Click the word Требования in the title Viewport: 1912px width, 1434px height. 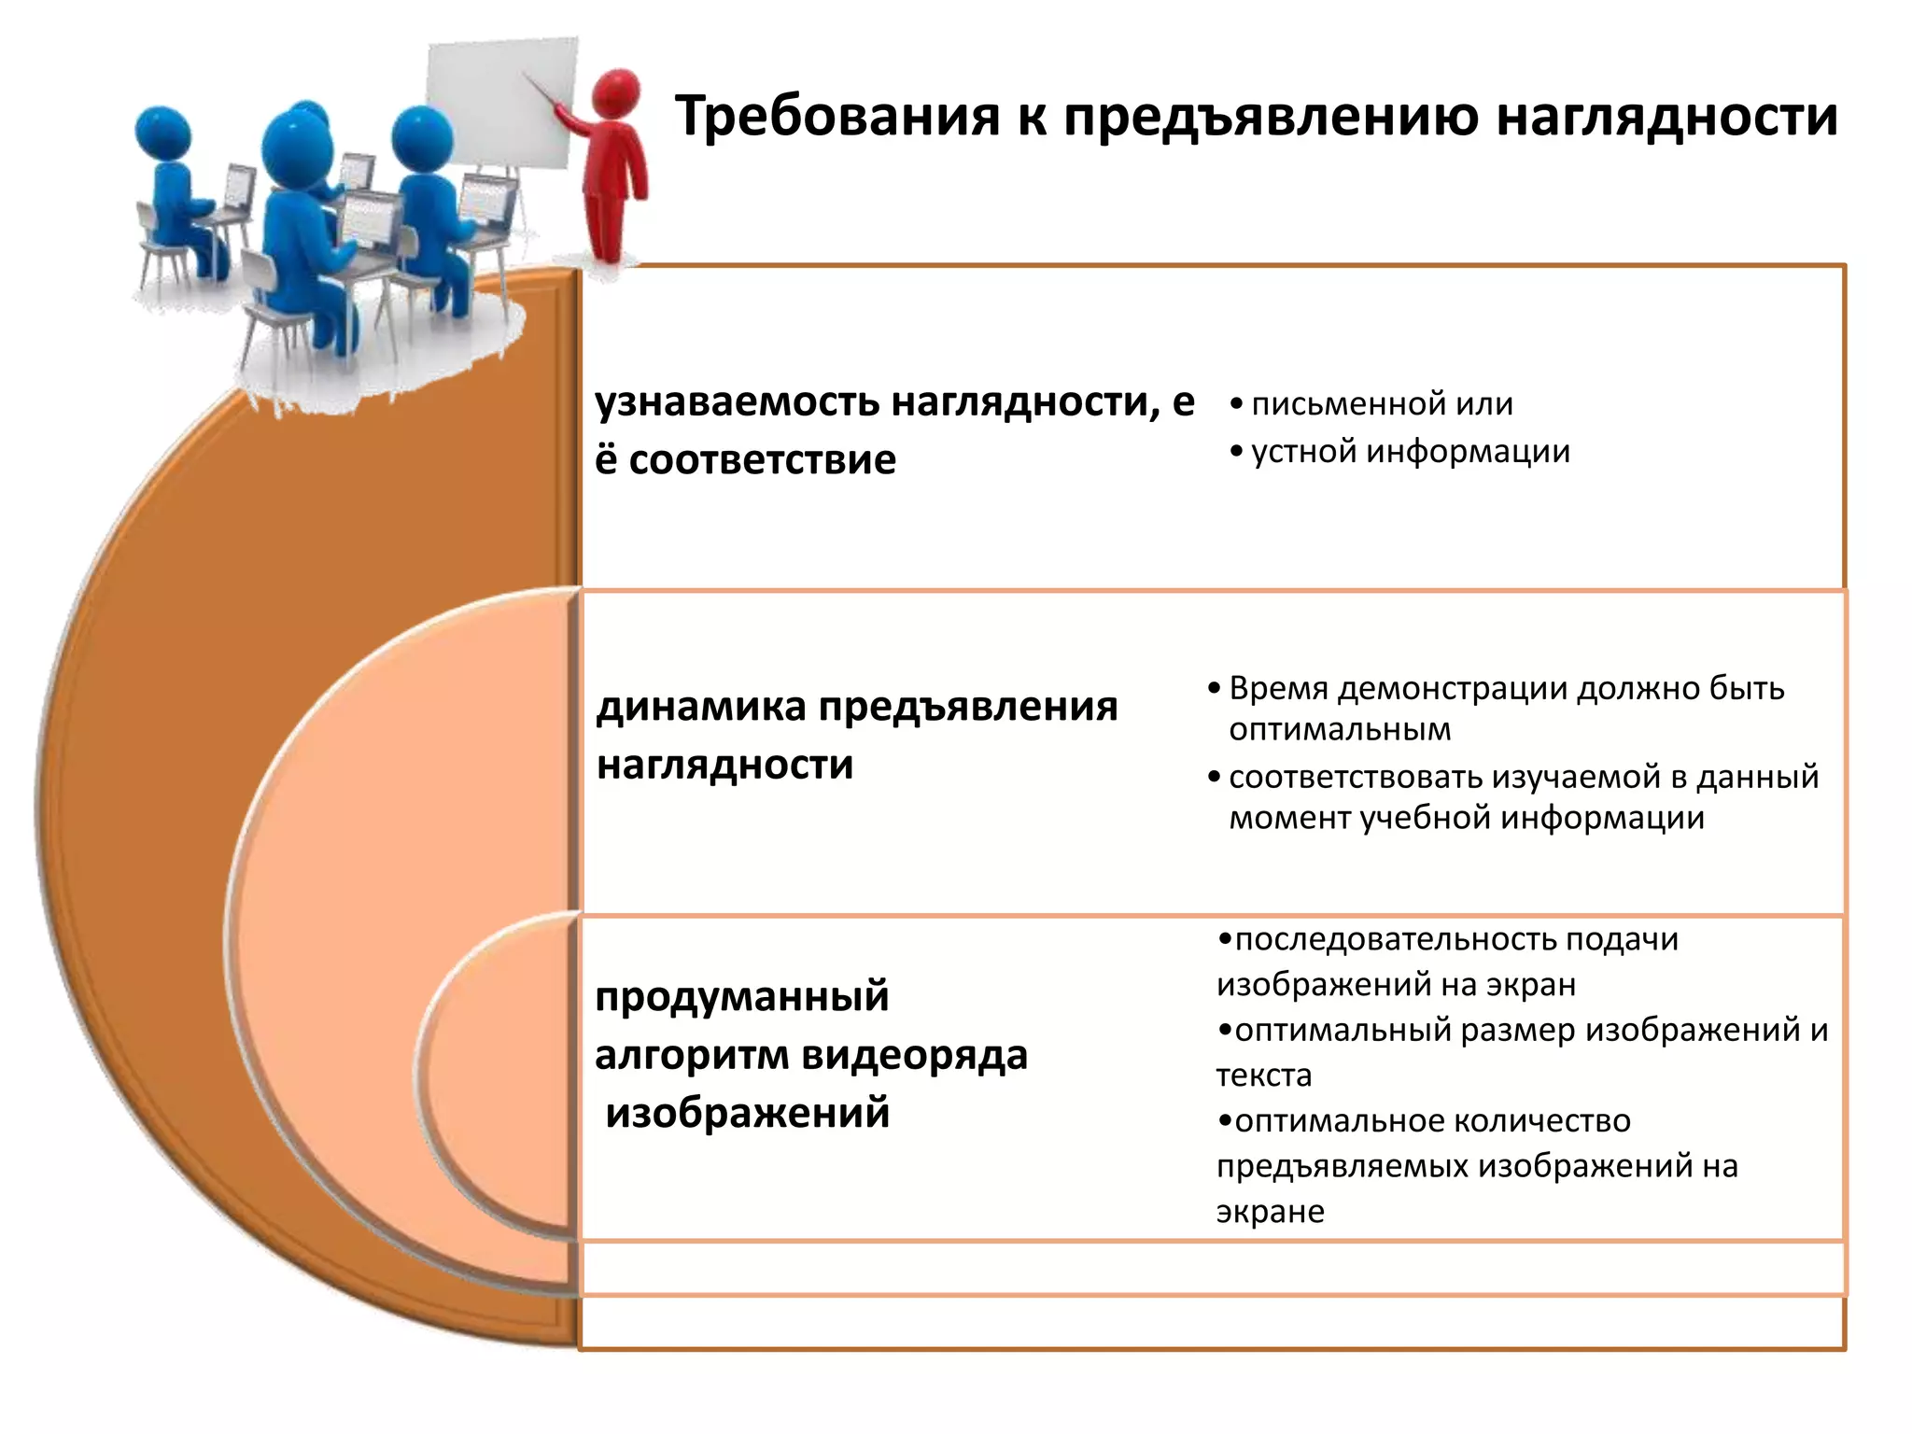pos(836,117)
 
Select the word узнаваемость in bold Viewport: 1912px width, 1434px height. pos(737,402)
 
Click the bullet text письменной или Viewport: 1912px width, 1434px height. pos(1382,403)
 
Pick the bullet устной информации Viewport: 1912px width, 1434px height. pos(1410,451)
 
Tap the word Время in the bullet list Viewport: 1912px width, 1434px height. pos(1277,688)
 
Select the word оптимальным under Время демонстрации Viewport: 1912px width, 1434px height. pos(1340,729)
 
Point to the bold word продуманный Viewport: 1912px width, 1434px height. pos(741,997)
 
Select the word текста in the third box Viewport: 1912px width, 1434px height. pos(1263,1075)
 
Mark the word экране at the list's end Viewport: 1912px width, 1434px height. pos(1270,1212)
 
